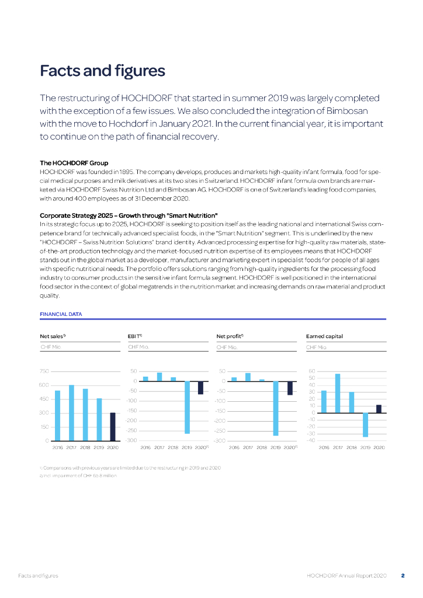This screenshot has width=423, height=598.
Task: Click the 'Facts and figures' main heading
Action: coord(102,71)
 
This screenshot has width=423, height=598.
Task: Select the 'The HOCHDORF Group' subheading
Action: coord(74,162)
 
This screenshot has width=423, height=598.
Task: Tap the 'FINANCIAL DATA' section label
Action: coord(61,314)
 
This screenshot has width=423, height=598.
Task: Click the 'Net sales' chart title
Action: coord(52,336)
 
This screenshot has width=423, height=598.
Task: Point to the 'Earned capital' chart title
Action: coord(324,336)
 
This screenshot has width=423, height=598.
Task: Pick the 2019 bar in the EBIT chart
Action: coord(187,407)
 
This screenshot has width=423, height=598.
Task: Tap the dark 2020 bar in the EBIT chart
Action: coord(200,387)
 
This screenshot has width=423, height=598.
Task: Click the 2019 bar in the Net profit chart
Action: coord(275,408)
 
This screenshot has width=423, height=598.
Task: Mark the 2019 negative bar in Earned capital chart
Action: coord(365,425)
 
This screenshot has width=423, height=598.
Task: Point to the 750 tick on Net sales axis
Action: coord(44,371)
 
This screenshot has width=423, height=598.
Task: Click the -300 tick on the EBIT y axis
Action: coord(132,440)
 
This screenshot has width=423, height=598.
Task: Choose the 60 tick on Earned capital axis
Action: coord(311,371)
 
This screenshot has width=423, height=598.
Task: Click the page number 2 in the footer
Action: coord(403,576)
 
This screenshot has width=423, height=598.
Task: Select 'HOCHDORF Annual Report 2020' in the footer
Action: coord(346,576)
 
